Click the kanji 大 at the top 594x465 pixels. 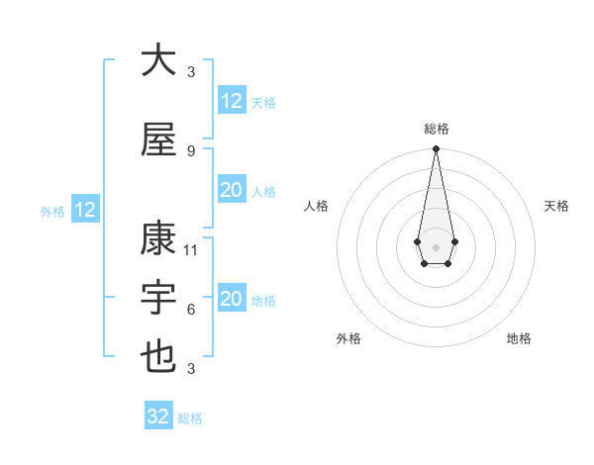157,60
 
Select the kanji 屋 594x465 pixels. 157,140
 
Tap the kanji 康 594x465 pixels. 157,239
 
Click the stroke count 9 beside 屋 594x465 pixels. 191,150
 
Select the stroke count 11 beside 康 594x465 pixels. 191,249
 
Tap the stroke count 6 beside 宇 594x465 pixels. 191,310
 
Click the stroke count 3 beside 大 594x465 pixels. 191,71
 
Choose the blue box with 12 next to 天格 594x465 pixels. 231,101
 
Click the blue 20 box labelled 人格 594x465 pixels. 231,191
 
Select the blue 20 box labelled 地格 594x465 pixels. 231,300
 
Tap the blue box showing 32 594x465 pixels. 158,417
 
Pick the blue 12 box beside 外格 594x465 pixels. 84,210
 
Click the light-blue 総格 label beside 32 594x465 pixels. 190,418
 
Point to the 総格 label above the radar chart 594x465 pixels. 436,129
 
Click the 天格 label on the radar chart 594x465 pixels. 557,206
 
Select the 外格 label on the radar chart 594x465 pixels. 348,338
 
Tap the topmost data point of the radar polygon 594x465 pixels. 436,148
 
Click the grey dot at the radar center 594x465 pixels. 436,245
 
